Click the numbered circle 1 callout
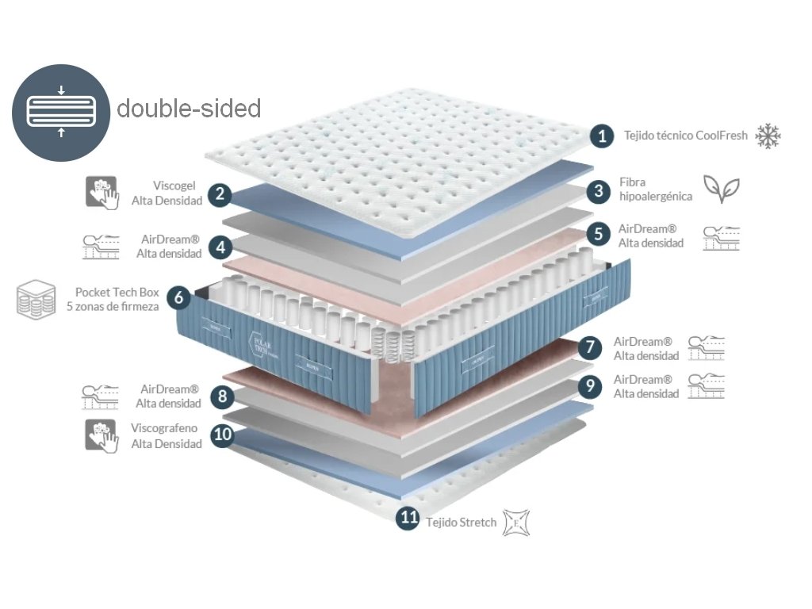[603, 136]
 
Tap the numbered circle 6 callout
[178, 298]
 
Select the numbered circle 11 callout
[408, 519]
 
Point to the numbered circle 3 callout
[599, 190]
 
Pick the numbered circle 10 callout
[224, 435]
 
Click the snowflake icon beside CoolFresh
[768, 136]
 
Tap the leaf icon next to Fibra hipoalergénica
[722, 190]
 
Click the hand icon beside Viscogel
[101, 193]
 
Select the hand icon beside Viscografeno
[101, 436]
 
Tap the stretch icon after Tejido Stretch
[516, 523]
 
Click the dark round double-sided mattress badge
[61, 112]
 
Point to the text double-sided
[189, 108]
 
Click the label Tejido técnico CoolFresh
[685, 136]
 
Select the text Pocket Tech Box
[117, 292]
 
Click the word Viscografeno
[164, 428]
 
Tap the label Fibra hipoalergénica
[655, 190]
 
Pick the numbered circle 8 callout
[223, 396]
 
